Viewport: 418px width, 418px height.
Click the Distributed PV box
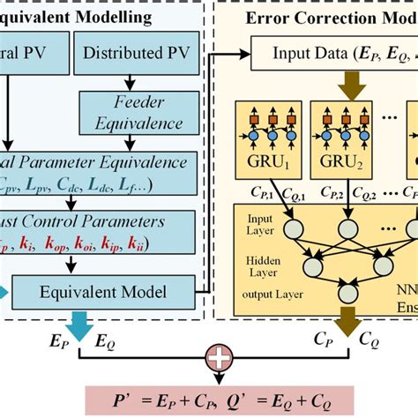click(x=129, y=52)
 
